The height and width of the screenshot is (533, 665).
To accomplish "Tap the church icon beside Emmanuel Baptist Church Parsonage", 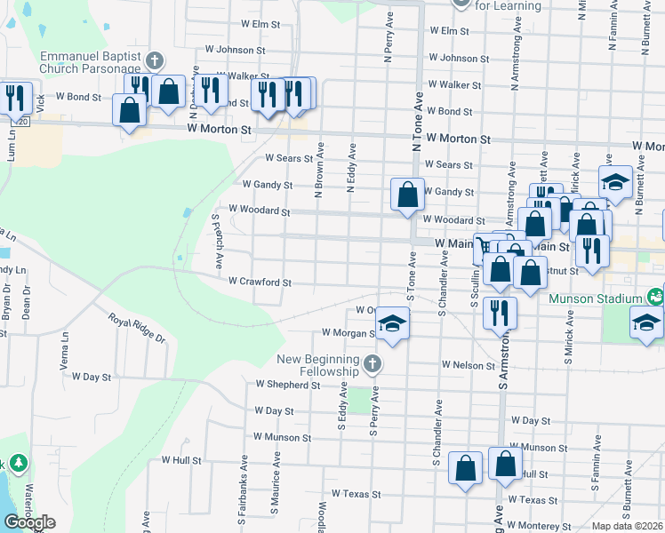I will point(155,60).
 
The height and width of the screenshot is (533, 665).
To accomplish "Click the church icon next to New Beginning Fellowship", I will point(373,363).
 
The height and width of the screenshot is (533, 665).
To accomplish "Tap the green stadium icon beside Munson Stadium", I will point(656,295).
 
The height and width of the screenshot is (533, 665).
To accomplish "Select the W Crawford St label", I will point(260,282).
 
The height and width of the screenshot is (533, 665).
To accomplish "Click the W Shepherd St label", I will point(287,386).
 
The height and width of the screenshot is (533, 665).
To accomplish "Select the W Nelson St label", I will point(468,365).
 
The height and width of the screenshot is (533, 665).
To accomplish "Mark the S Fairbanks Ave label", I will point(243,487).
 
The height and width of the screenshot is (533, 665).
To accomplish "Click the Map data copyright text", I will point(627,526).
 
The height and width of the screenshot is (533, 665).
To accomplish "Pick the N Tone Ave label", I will point(414,121).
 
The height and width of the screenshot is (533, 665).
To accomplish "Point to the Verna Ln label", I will point(63,358).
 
